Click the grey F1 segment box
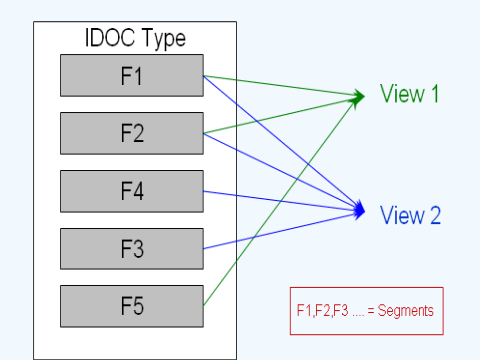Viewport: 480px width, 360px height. point(132,74)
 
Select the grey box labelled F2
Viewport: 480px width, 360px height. point(132,132)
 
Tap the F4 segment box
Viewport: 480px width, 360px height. point(132,190)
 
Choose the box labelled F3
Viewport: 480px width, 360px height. point(132,248)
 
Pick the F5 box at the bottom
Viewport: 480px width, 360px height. point(132,306)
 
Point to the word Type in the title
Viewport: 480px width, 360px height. point(162,39)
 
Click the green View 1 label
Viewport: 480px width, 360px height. point(410,95)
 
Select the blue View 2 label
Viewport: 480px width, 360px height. point(410,213)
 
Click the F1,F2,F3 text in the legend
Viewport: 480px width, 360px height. point(320,311)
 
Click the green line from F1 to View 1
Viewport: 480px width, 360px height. point(280,85)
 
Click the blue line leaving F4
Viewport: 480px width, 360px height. point(280,200)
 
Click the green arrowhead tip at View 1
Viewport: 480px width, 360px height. point(364,96)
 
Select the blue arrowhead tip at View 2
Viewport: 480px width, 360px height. point(364,211)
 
